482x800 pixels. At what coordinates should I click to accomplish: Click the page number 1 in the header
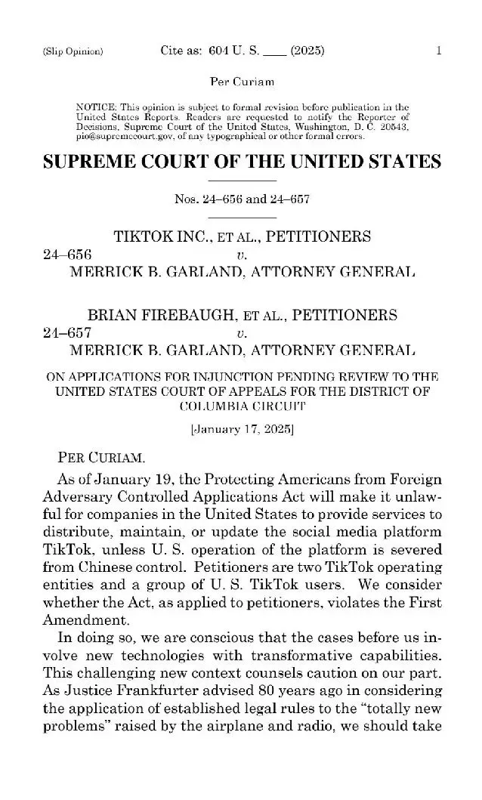(438, 51)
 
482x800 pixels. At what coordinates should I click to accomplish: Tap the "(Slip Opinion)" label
(73, 52)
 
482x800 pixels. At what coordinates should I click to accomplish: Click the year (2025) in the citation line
(307, 51)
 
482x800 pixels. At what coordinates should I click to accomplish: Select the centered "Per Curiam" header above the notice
(241, 81)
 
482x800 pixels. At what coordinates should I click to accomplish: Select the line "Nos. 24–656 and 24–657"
(241, 199)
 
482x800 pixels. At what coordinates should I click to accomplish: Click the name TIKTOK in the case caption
(144, 236)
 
